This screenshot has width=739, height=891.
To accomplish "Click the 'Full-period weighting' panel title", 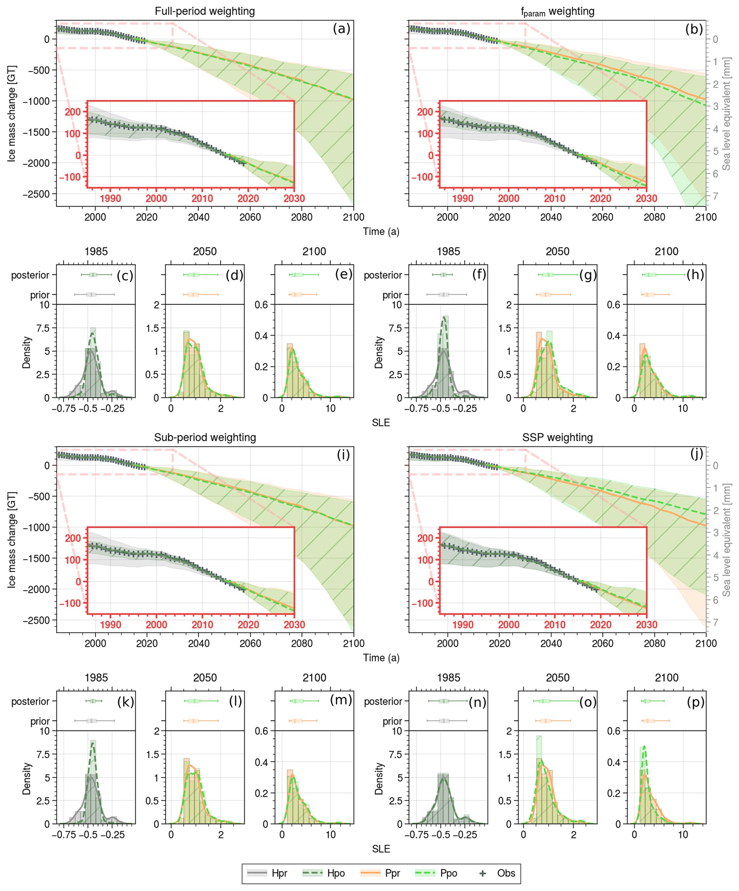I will pos(205,11).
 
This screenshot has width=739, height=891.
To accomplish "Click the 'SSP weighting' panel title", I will pos(557,437).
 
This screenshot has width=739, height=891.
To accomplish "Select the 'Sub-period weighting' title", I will pos(205,437).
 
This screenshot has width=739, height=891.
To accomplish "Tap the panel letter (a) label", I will pos(341,29).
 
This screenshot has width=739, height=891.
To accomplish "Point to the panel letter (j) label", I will pos(696,454).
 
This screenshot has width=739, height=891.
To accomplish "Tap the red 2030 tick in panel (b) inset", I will pos(646,199).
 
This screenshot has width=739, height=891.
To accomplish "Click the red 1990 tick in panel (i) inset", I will pos(110,625).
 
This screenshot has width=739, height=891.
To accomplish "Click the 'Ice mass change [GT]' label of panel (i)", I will pos(11,540).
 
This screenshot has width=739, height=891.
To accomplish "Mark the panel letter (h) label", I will pos(695,275).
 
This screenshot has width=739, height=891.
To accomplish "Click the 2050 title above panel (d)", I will pos(205,252).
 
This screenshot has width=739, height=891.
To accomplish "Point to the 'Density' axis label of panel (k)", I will pos(27,779).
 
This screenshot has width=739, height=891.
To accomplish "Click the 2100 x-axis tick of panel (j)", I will pos(705,644).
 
